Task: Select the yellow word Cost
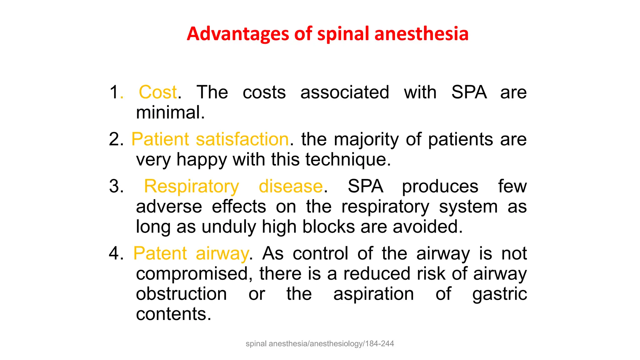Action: pyautogui.click(x=158, y=92)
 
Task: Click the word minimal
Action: pyautogui.click(x=170, y=112)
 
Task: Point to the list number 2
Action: pyautogui.click(x=116, y=139)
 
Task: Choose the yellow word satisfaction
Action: pyautogui.click(x=242, y=139)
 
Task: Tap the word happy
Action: pyautogui.click(x=202, y=160)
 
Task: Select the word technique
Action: pyautogui.click(x=348, y=159)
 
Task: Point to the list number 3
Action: pyautogui.click(x=116, y=186)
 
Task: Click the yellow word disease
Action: pyautogui.click(x=291, y=186)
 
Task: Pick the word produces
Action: pyautogui.click(x=440, y=187)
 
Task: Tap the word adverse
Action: pyautogui.click(x=169, y=207)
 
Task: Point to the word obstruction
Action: pyautogui.click(x=181, y=294)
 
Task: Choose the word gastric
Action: pyautogui.click(x=499, y=294)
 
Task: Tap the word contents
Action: pyautogui.click(x=173, y=314)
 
